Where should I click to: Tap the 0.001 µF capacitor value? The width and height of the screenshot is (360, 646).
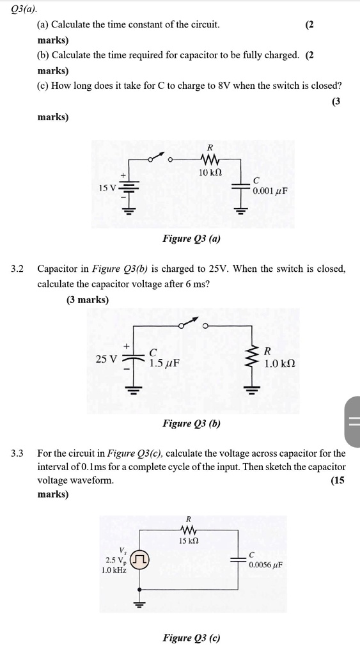[x=270, y=191]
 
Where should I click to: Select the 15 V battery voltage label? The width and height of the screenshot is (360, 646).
[x=107, y=188]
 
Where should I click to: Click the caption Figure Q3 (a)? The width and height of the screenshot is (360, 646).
[x=191, y=239]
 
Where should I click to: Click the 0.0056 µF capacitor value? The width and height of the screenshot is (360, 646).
[x=266, y=565]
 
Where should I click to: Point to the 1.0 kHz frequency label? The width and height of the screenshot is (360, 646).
[x=114, y=570]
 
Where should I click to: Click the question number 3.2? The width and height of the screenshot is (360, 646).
[x=17, y=269]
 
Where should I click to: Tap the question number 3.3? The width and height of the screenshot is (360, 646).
[x=17, y=453]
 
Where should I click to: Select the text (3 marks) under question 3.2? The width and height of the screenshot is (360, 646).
[x=88, y=299]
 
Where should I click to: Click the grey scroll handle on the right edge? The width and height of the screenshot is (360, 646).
[x=353, y=421]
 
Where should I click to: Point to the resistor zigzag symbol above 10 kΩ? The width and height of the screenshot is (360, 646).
[x=210, y=158]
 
